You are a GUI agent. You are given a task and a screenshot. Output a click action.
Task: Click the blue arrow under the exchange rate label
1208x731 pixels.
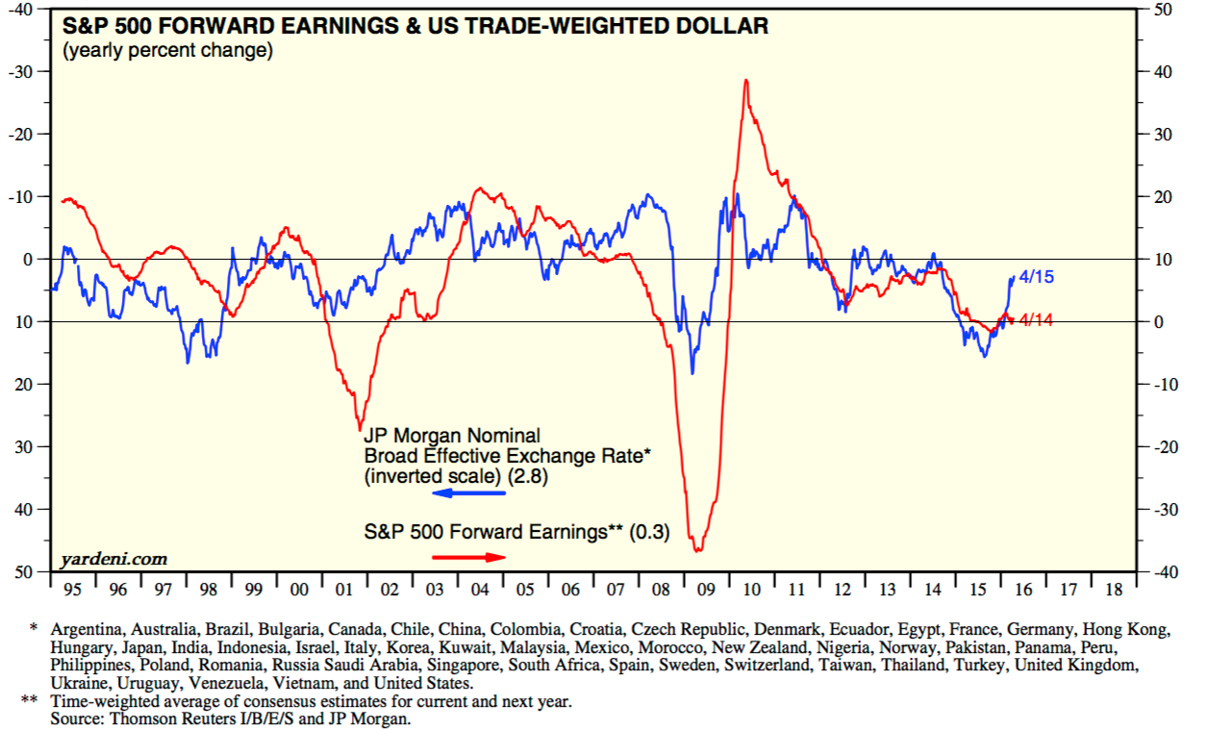click(x=468, y=493)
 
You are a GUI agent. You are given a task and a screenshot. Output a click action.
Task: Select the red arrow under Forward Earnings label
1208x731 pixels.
click(x=468, y=557)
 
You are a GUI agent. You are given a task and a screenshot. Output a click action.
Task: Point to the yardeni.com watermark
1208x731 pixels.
click(x=113, y=559)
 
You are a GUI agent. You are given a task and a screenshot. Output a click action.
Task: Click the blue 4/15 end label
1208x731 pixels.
click(x=1036, y=277)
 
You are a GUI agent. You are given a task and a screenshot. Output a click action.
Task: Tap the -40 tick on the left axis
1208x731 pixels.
click(x=20, y=9)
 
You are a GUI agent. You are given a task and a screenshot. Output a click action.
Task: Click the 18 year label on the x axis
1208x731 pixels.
click(x=1114, y=589)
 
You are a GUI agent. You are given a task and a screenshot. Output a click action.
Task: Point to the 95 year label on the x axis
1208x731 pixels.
click(x=73, y=589)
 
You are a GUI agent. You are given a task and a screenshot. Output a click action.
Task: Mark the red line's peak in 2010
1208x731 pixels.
click(x=745, y=80)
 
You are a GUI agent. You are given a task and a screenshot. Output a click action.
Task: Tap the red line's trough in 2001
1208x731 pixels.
click(x=360, y=429)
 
